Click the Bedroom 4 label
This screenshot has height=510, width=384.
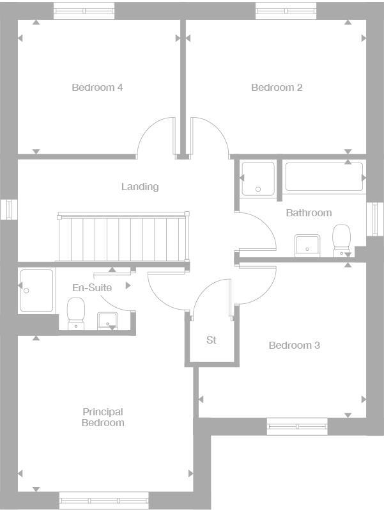point(97,88)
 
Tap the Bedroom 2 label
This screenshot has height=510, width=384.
point(277,88)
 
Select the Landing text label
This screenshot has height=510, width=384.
point(140,187)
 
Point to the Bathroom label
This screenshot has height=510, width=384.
point(309,212)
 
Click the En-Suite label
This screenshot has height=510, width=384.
point(91,288)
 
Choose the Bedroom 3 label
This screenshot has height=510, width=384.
point(294,346)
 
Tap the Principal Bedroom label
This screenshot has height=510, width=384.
point(103,417)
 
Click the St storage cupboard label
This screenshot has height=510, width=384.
point(211,340)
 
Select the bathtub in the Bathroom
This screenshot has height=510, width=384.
point(324,177)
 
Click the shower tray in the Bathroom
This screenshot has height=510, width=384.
point(258,177)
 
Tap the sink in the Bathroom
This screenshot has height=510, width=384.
point(307,245)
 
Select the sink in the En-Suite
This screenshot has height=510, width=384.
point(107,321)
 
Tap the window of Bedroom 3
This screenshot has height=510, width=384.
point(296,427)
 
